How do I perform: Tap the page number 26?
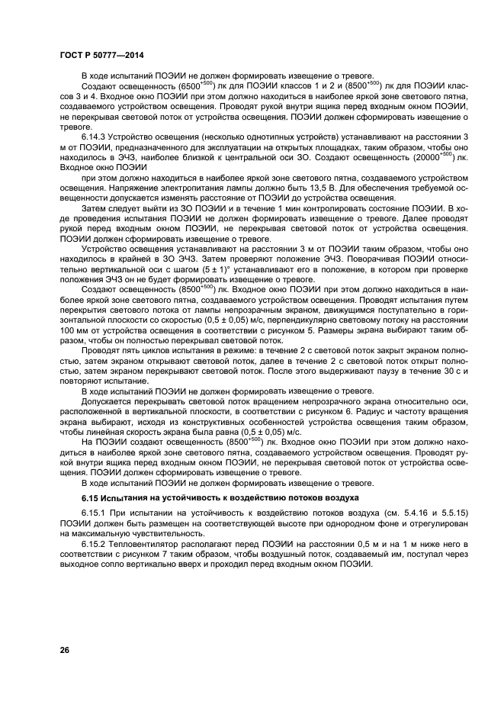pyautogui.click(x=65, y=650)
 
